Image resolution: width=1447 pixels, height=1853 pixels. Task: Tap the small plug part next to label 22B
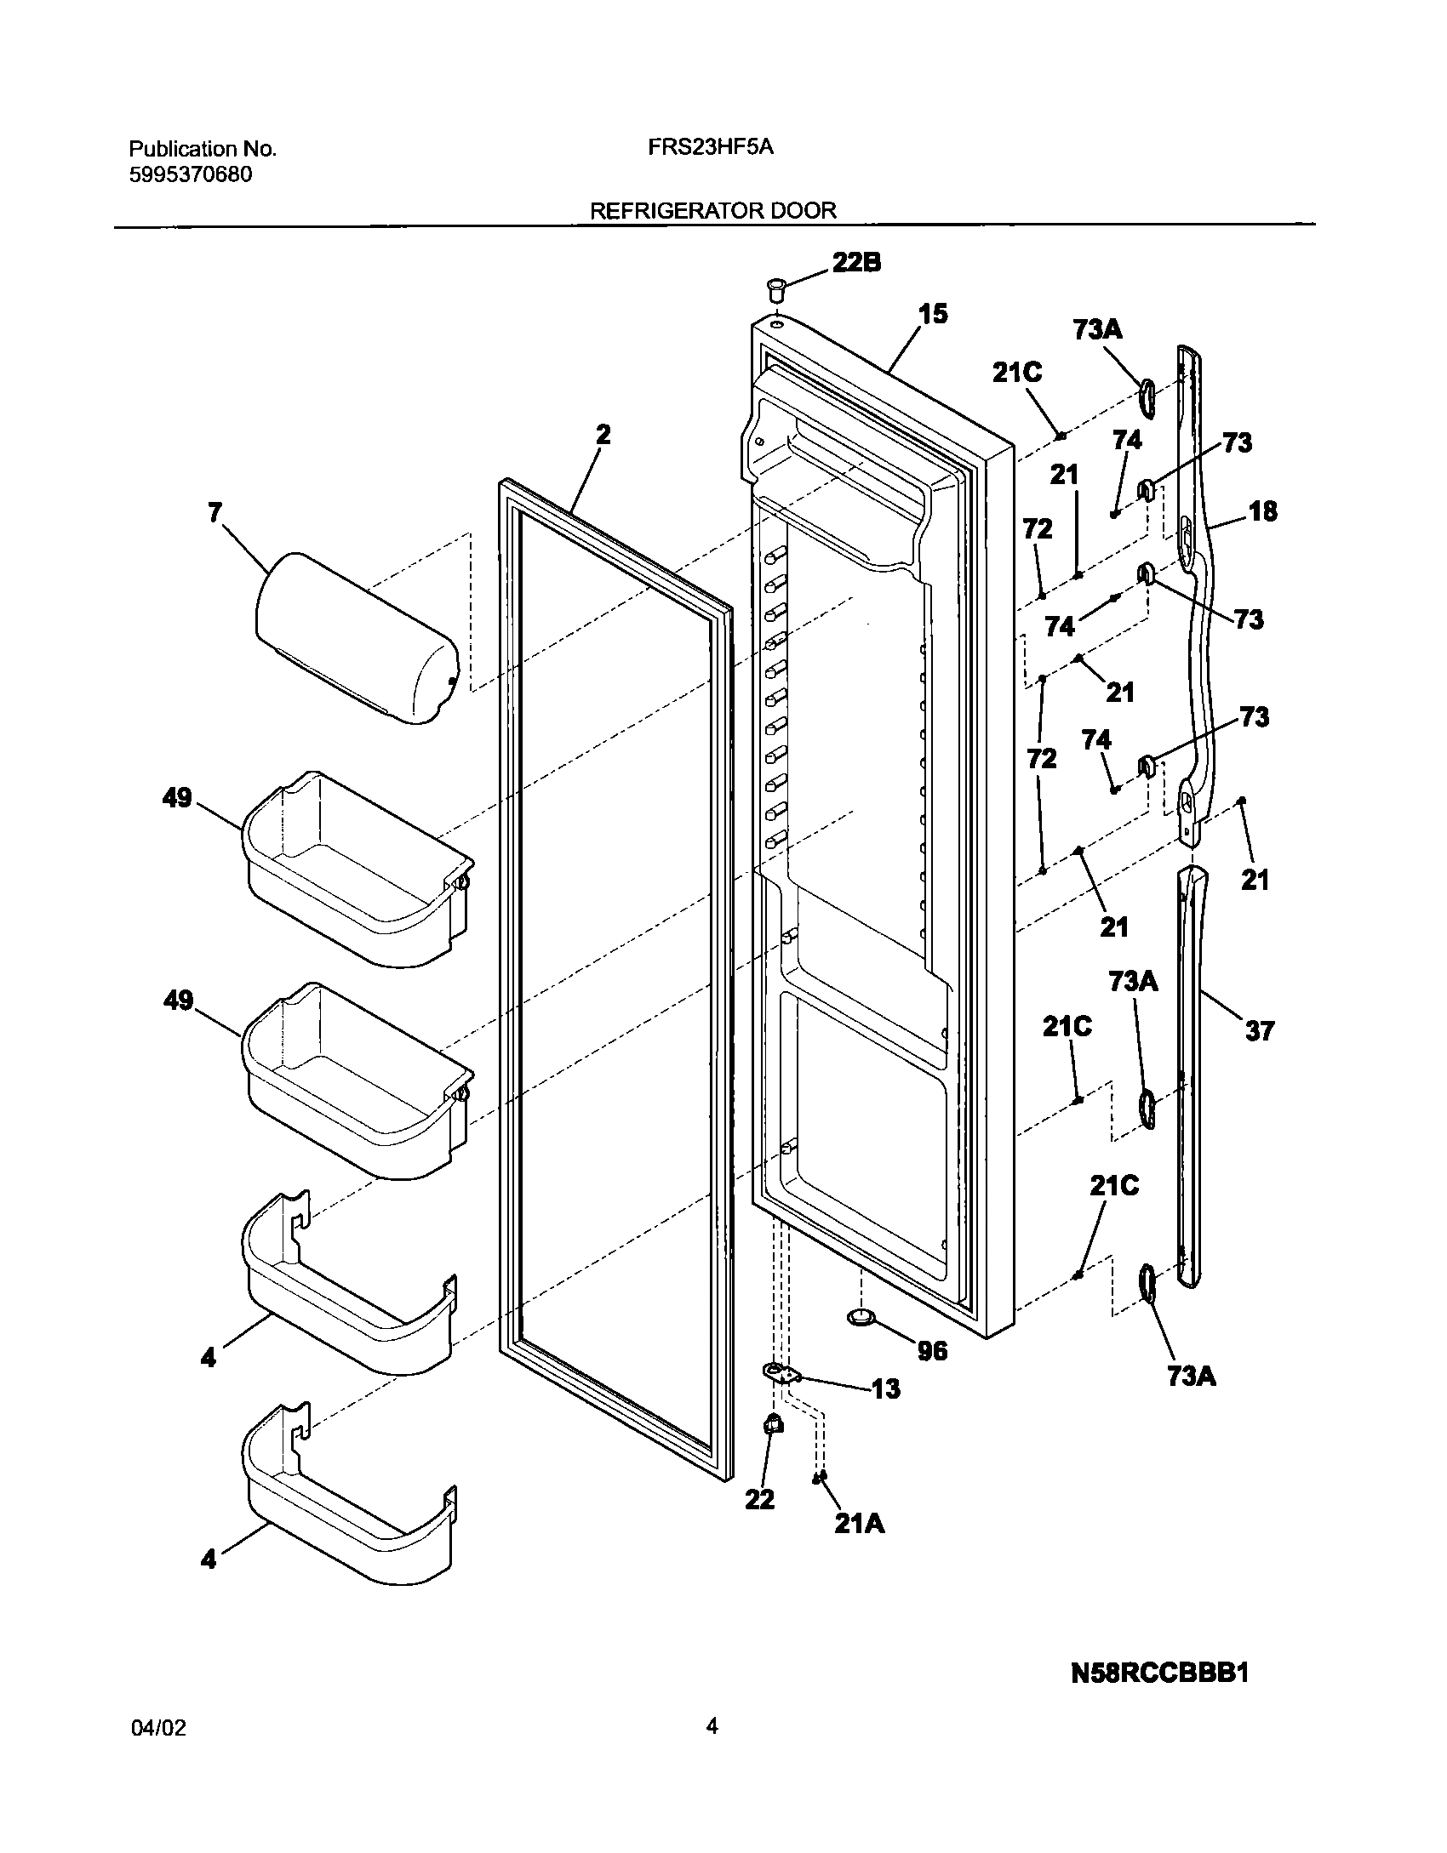776,288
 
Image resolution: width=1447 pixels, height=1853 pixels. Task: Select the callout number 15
933,314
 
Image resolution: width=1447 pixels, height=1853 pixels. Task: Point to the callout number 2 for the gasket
603,435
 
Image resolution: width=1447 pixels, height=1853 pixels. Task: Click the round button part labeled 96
861,1318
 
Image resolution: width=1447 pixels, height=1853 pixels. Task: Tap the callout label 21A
859,1524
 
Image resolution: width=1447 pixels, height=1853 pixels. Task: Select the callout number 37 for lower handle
1259,1031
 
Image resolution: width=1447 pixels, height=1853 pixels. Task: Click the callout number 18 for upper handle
1263,511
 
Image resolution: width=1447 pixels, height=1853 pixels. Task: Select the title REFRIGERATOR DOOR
713,210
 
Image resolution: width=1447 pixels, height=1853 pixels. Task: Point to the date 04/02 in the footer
159,1728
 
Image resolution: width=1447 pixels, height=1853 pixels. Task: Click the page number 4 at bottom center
712,1726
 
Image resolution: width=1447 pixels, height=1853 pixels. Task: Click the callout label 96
933,1350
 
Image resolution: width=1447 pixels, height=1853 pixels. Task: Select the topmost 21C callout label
1017,373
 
